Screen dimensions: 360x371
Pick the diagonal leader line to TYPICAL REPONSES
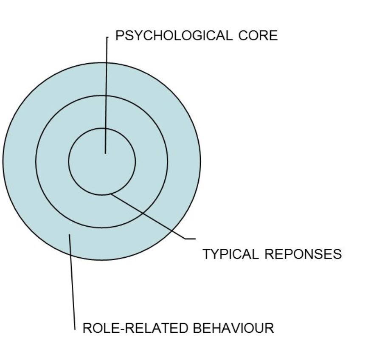149,217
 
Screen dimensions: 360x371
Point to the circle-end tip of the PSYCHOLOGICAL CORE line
105,153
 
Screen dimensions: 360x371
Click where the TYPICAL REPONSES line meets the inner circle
110,194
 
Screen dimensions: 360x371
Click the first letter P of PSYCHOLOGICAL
119,36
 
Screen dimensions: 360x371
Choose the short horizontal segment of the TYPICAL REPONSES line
190,239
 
